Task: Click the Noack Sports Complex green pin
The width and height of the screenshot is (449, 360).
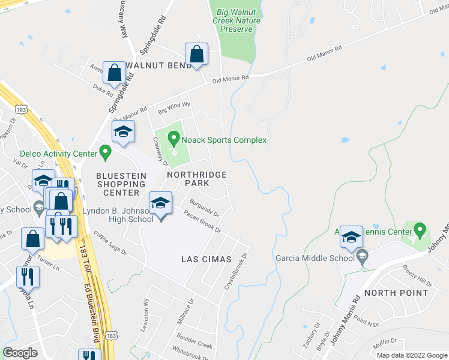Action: point(174,140)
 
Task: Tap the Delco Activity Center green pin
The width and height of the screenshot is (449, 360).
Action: point(105,154)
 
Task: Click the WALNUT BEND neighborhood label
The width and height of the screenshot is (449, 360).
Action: point(158,65)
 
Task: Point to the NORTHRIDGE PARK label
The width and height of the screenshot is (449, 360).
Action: point(197,178)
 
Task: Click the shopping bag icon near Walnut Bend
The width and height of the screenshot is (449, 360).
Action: point(196,55)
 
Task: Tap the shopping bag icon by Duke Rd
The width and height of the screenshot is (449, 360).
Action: point(113,74)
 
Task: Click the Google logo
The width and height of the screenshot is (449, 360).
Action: point(20,353)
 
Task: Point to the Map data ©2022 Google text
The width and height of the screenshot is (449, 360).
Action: point(411,355)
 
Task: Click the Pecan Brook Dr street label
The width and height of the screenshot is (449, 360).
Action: point(203,222)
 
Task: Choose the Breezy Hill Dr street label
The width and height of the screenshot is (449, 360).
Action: point(417,275)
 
